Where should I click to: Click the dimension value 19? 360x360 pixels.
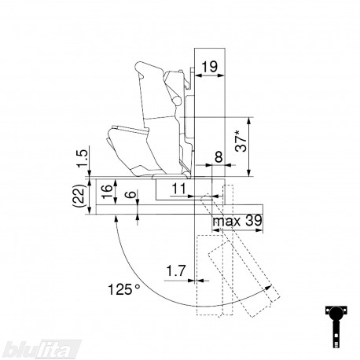click(x=210, y=67)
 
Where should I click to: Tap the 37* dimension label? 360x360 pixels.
click(x=241, y=142)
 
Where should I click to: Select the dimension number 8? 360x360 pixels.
click(x=219, y=157)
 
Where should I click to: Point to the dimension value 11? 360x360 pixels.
click(x=179, y=189)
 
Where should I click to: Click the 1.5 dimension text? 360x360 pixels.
click(x=82, y=159)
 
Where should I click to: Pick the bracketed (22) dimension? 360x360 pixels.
click(x=80, y=197)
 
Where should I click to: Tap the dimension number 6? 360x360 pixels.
click(x=131, y=194)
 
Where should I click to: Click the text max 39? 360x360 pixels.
click(x=237, y=221)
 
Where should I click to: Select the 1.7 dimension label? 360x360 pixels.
click(x=176, y=271)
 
